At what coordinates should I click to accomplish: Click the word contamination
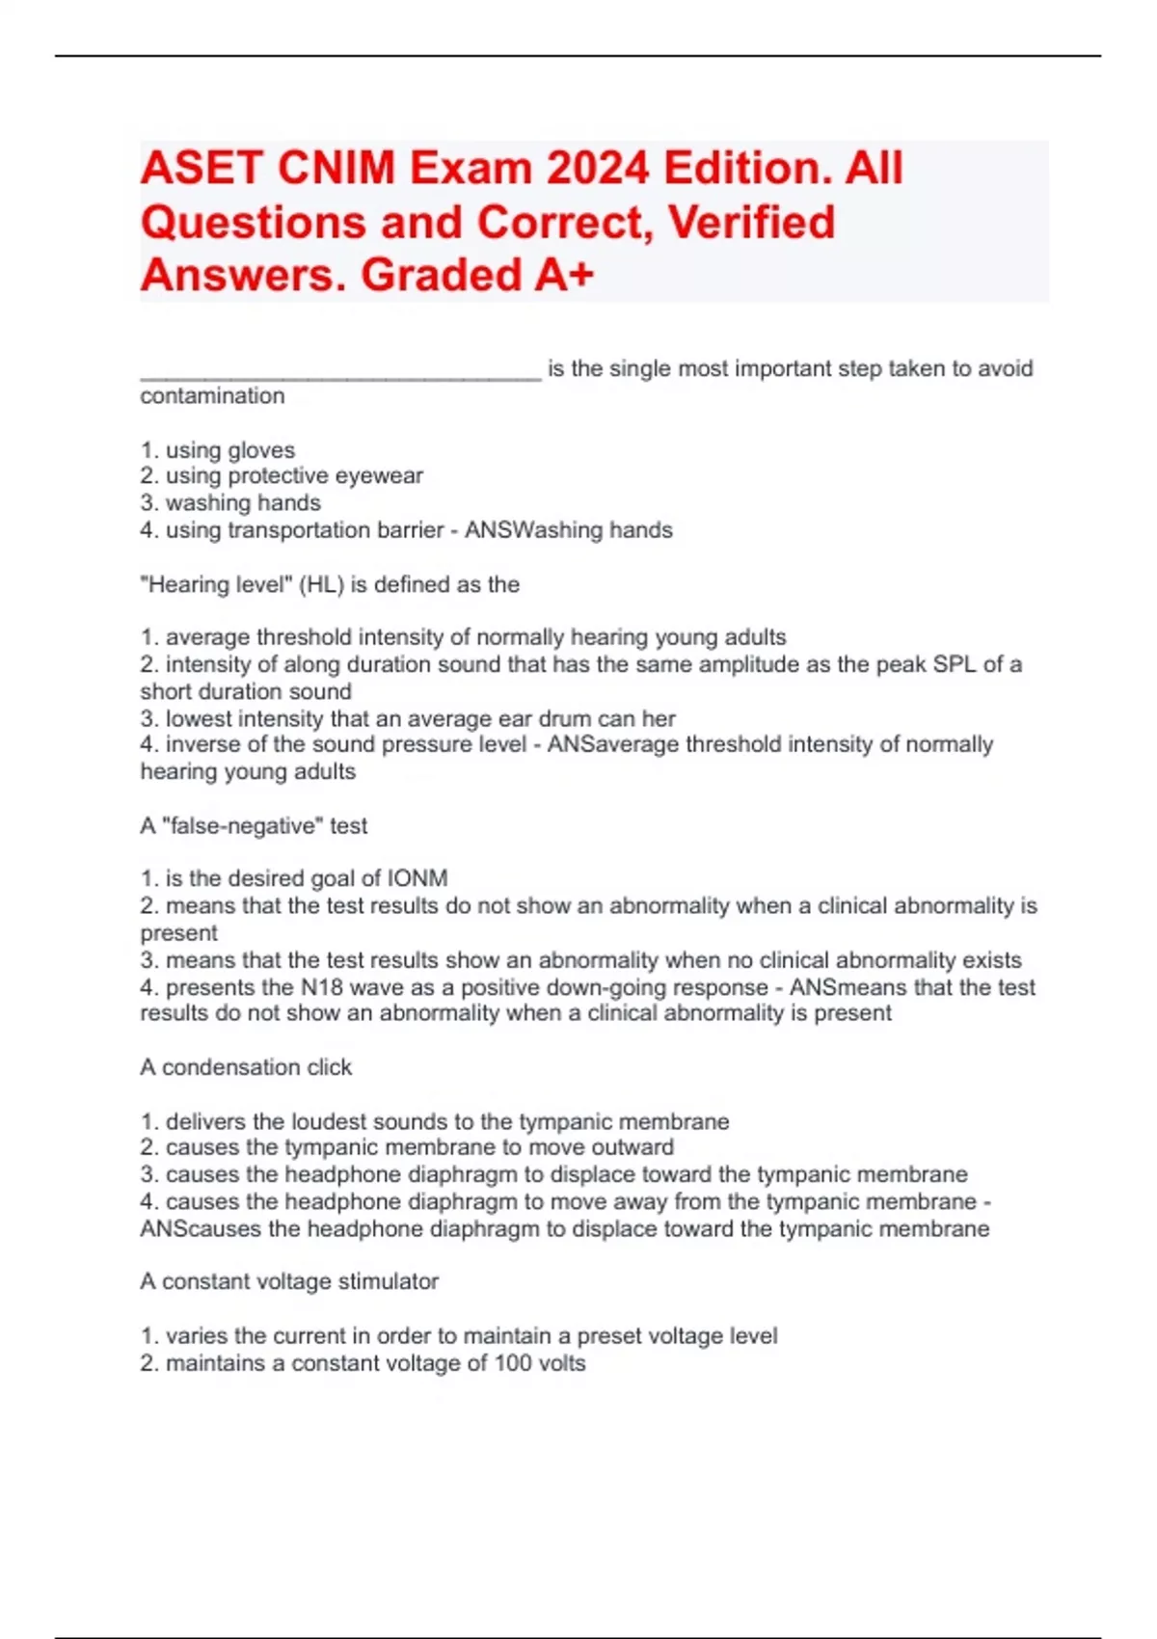[212, 396]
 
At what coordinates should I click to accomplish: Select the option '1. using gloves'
[218, 450]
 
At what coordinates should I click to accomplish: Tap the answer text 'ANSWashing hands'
[569, 530]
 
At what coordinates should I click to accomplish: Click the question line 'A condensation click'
[246, 1067]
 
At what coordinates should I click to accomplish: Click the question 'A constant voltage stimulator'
[289, 1281]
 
